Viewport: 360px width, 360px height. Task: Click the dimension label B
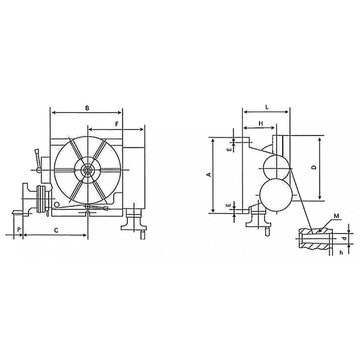click(87, 108)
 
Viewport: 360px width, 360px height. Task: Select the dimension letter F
click(117, 124)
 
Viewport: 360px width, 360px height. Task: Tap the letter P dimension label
click(18, 229)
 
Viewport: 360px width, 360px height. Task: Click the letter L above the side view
click(266, 107)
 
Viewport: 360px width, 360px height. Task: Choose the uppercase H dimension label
click(261, 123)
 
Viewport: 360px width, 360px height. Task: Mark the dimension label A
click(208, 175)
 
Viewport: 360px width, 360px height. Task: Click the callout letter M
click(337, 216)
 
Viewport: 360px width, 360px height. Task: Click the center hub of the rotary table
click(87, 170)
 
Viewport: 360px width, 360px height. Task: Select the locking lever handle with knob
click(36, 158)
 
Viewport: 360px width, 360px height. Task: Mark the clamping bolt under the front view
click(134, 220)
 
